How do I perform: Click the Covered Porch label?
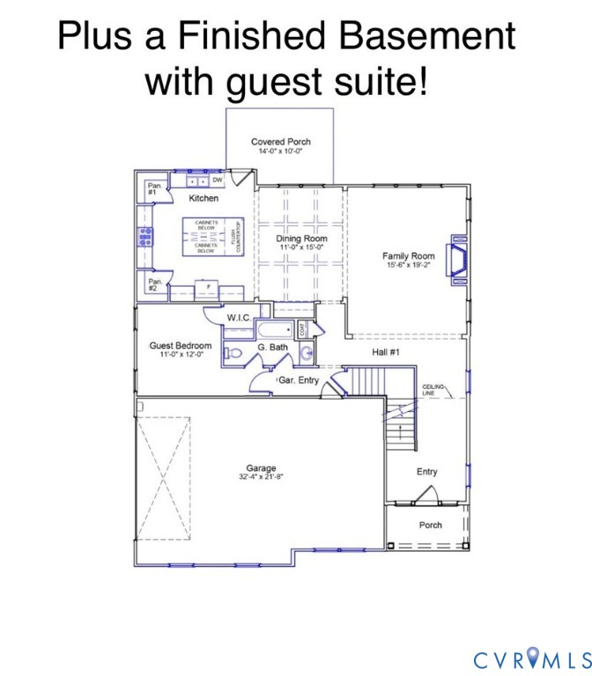(280, 142)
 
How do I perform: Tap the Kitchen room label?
(203, 198)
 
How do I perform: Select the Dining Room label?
(301, 239)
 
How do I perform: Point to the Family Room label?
(409, 256)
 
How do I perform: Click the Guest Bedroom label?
(180, 346)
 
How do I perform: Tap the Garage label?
(261, 468)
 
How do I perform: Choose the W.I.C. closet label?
(240, 317)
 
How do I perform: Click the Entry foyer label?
(426, 472)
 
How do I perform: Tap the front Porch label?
(430, 525)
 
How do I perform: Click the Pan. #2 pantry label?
(154, 284)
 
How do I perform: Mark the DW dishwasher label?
(217, 180)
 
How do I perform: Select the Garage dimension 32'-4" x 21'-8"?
(261, 477)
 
